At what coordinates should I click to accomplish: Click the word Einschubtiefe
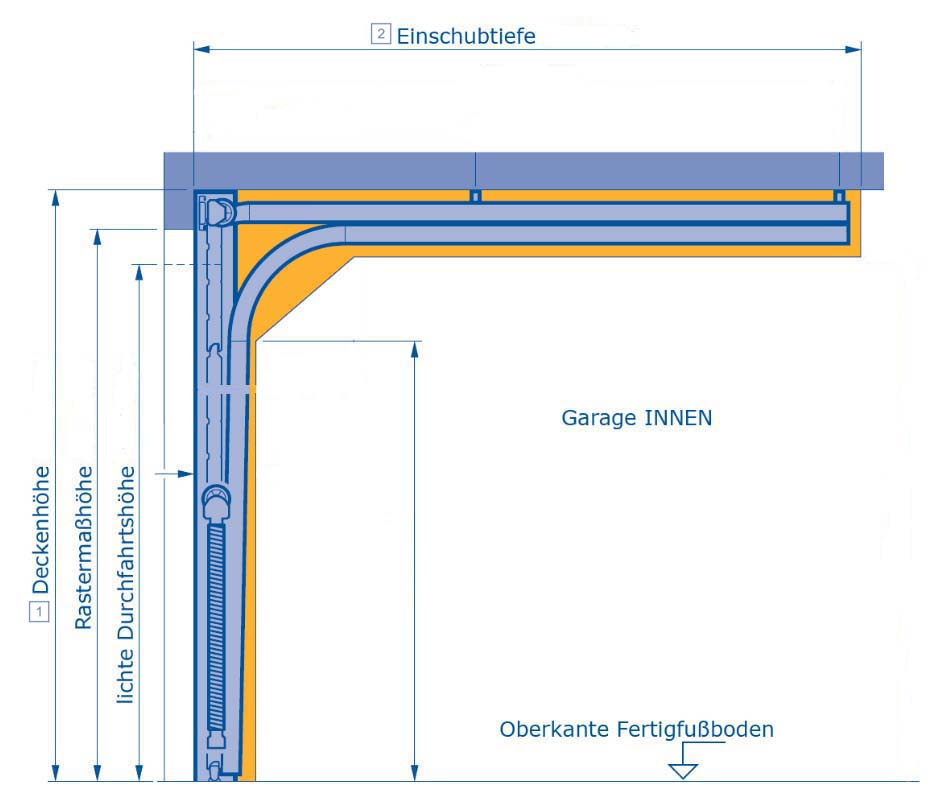coord(466,36)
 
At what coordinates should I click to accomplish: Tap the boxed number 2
coord(380,35)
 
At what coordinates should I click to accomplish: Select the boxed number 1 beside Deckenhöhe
coord(40,611)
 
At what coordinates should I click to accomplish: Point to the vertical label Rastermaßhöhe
coord(85,548)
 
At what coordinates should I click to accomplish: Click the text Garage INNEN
coord(637,418)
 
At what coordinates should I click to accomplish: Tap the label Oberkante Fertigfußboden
coord(637,730)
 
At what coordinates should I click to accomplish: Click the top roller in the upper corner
coord(217,211)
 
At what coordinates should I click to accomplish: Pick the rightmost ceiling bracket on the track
coord(840,195)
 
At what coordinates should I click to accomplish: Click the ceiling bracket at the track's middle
coord(476,195)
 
